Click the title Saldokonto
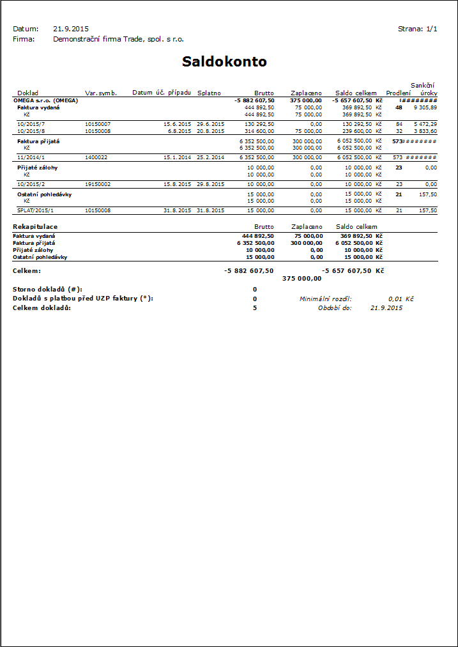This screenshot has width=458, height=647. [224, 62]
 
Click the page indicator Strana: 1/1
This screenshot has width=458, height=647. [418, 29]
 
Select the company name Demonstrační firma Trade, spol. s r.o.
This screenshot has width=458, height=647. [118, 39]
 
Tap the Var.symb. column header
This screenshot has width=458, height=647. [101, 93]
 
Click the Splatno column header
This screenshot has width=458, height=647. [209, 93]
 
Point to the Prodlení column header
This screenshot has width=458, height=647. [399, 93]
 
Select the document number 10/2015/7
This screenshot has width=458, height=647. [31, 124]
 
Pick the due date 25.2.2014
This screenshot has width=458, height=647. [210, 157]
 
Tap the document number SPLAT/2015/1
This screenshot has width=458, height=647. [36, 210]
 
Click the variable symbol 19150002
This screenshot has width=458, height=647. [98, 184]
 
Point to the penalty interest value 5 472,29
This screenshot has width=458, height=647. [425, 124]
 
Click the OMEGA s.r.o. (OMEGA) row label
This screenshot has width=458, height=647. [45, 100]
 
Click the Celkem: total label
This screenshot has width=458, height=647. [27, 271]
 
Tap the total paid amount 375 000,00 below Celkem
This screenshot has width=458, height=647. [302, 279]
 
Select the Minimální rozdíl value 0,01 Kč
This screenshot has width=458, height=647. [401, 299]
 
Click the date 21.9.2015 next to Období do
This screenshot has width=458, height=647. [386, 308]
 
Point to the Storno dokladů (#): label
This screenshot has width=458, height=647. [47, 289]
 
